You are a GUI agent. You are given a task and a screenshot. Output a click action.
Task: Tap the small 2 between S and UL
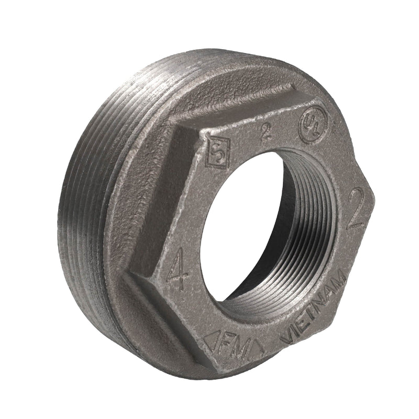click(266, 132)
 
